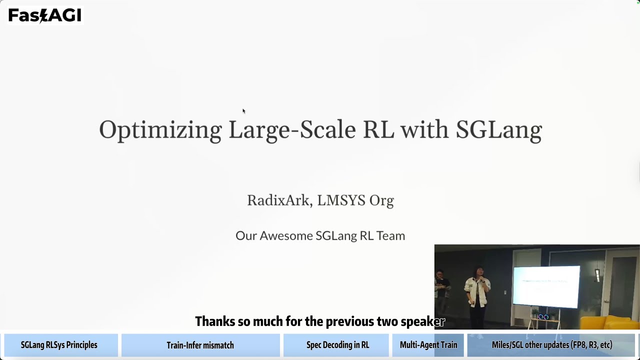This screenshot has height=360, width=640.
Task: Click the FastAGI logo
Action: (44, 15)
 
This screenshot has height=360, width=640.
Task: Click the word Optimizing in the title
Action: (160, 130)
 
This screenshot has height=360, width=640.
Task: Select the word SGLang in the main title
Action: (498, 130)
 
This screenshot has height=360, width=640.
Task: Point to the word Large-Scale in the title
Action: (292, 129)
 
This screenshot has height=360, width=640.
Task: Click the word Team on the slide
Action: (390, 235)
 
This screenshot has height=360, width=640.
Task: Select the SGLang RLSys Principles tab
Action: (59, 345)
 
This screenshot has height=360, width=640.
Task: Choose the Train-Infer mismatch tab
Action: (200, 345)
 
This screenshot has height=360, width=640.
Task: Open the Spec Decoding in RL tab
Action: (337, 345)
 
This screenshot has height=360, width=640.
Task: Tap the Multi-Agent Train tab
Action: (428, 345)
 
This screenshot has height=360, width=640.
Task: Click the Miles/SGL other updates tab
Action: (551, 345)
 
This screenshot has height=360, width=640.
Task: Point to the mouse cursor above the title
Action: (243, 111)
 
